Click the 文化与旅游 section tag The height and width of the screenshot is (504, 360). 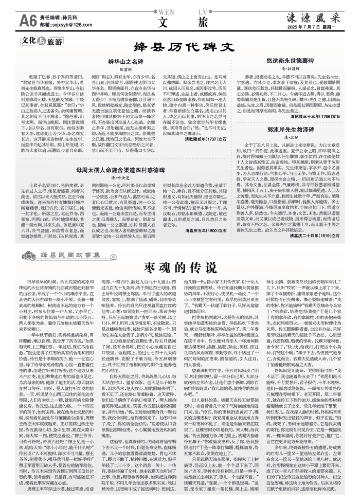pyautogui.click(x=41, y=41)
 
